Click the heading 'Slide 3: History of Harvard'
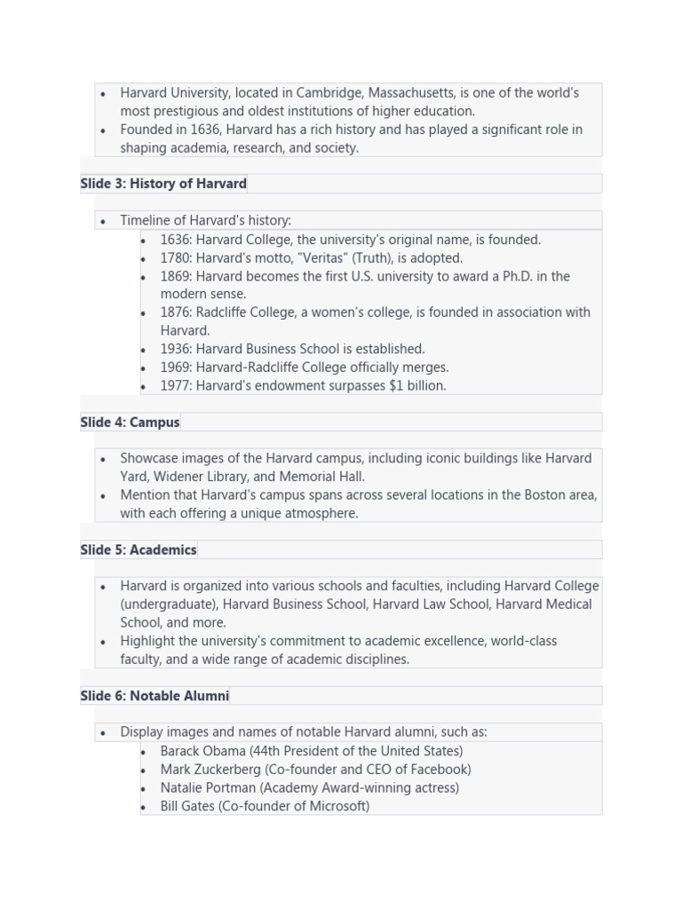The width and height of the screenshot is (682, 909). pos(163,184)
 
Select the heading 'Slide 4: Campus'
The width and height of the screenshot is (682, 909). pos(130,423)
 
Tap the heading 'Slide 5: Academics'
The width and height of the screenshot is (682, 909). pos(138,550)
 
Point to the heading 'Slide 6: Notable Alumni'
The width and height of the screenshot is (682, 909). pos(155,696)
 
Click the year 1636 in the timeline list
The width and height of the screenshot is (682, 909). pos(175,240)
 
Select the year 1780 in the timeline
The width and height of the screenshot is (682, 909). pos(175,258)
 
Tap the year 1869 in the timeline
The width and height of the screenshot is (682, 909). pos(175,276)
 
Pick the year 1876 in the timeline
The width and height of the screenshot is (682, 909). pos(175,312)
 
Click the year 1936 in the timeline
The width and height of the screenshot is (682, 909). pos(175,349)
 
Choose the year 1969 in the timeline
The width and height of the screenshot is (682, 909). pos(175,368)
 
